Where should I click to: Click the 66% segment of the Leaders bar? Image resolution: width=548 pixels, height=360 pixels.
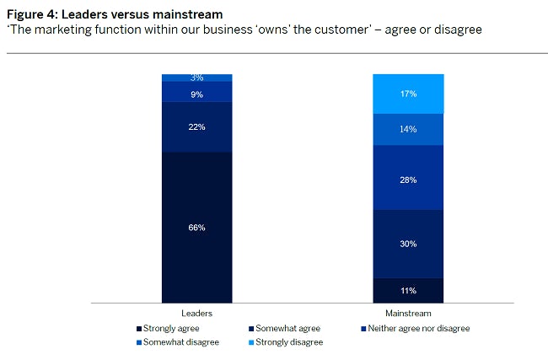click(x=197, y=227)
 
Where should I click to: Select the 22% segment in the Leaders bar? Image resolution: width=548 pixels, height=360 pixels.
click(x=197, y=126)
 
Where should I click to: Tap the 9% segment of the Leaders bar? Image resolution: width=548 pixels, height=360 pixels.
click(x=197, y=94)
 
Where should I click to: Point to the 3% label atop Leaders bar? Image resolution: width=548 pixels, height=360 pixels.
click(x=197, y=78)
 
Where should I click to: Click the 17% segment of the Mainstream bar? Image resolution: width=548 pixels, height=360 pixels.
click(x=408, y=94)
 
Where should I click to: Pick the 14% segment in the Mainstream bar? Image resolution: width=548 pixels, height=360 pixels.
click(x=408, y=130)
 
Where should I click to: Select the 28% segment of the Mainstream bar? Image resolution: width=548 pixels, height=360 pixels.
click(x=408, y=179)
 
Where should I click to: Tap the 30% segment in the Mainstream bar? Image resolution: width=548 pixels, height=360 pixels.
click(x=408, y=244)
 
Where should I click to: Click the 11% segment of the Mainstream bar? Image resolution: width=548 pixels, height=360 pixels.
click(x=408, y=290)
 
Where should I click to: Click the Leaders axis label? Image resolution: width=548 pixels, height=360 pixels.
click(x=197, y=313)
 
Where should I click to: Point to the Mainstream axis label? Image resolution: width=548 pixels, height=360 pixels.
click(x=408, y=313)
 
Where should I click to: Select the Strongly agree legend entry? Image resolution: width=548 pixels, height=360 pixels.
click(x=166, y=328)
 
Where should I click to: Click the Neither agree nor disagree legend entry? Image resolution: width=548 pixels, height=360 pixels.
click(x=416, y=328)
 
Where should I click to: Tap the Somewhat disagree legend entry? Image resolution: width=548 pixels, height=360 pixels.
click(x=178, y=342)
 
